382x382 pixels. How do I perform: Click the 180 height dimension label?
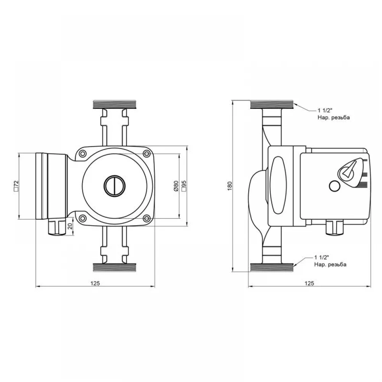coord(230,186)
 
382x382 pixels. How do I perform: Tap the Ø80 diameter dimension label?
coord(176,186)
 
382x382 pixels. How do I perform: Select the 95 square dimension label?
coord(184,186)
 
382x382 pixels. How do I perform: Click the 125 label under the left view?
coord(95,283)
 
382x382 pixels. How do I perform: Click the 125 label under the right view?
coord(309,283)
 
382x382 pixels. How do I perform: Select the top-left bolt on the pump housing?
coord(83,154)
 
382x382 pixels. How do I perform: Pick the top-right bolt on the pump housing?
coord(146,154)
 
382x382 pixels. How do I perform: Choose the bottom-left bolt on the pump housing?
coord(83,218)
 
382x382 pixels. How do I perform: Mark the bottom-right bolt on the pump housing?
coord(146,218)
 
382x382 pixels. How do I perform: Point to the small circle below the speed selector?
coord(335,186)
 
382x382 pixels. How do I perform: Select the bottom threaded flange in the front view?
coord(115,267)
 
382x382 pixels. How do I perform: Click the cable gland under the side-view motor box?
coord(334,228)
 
